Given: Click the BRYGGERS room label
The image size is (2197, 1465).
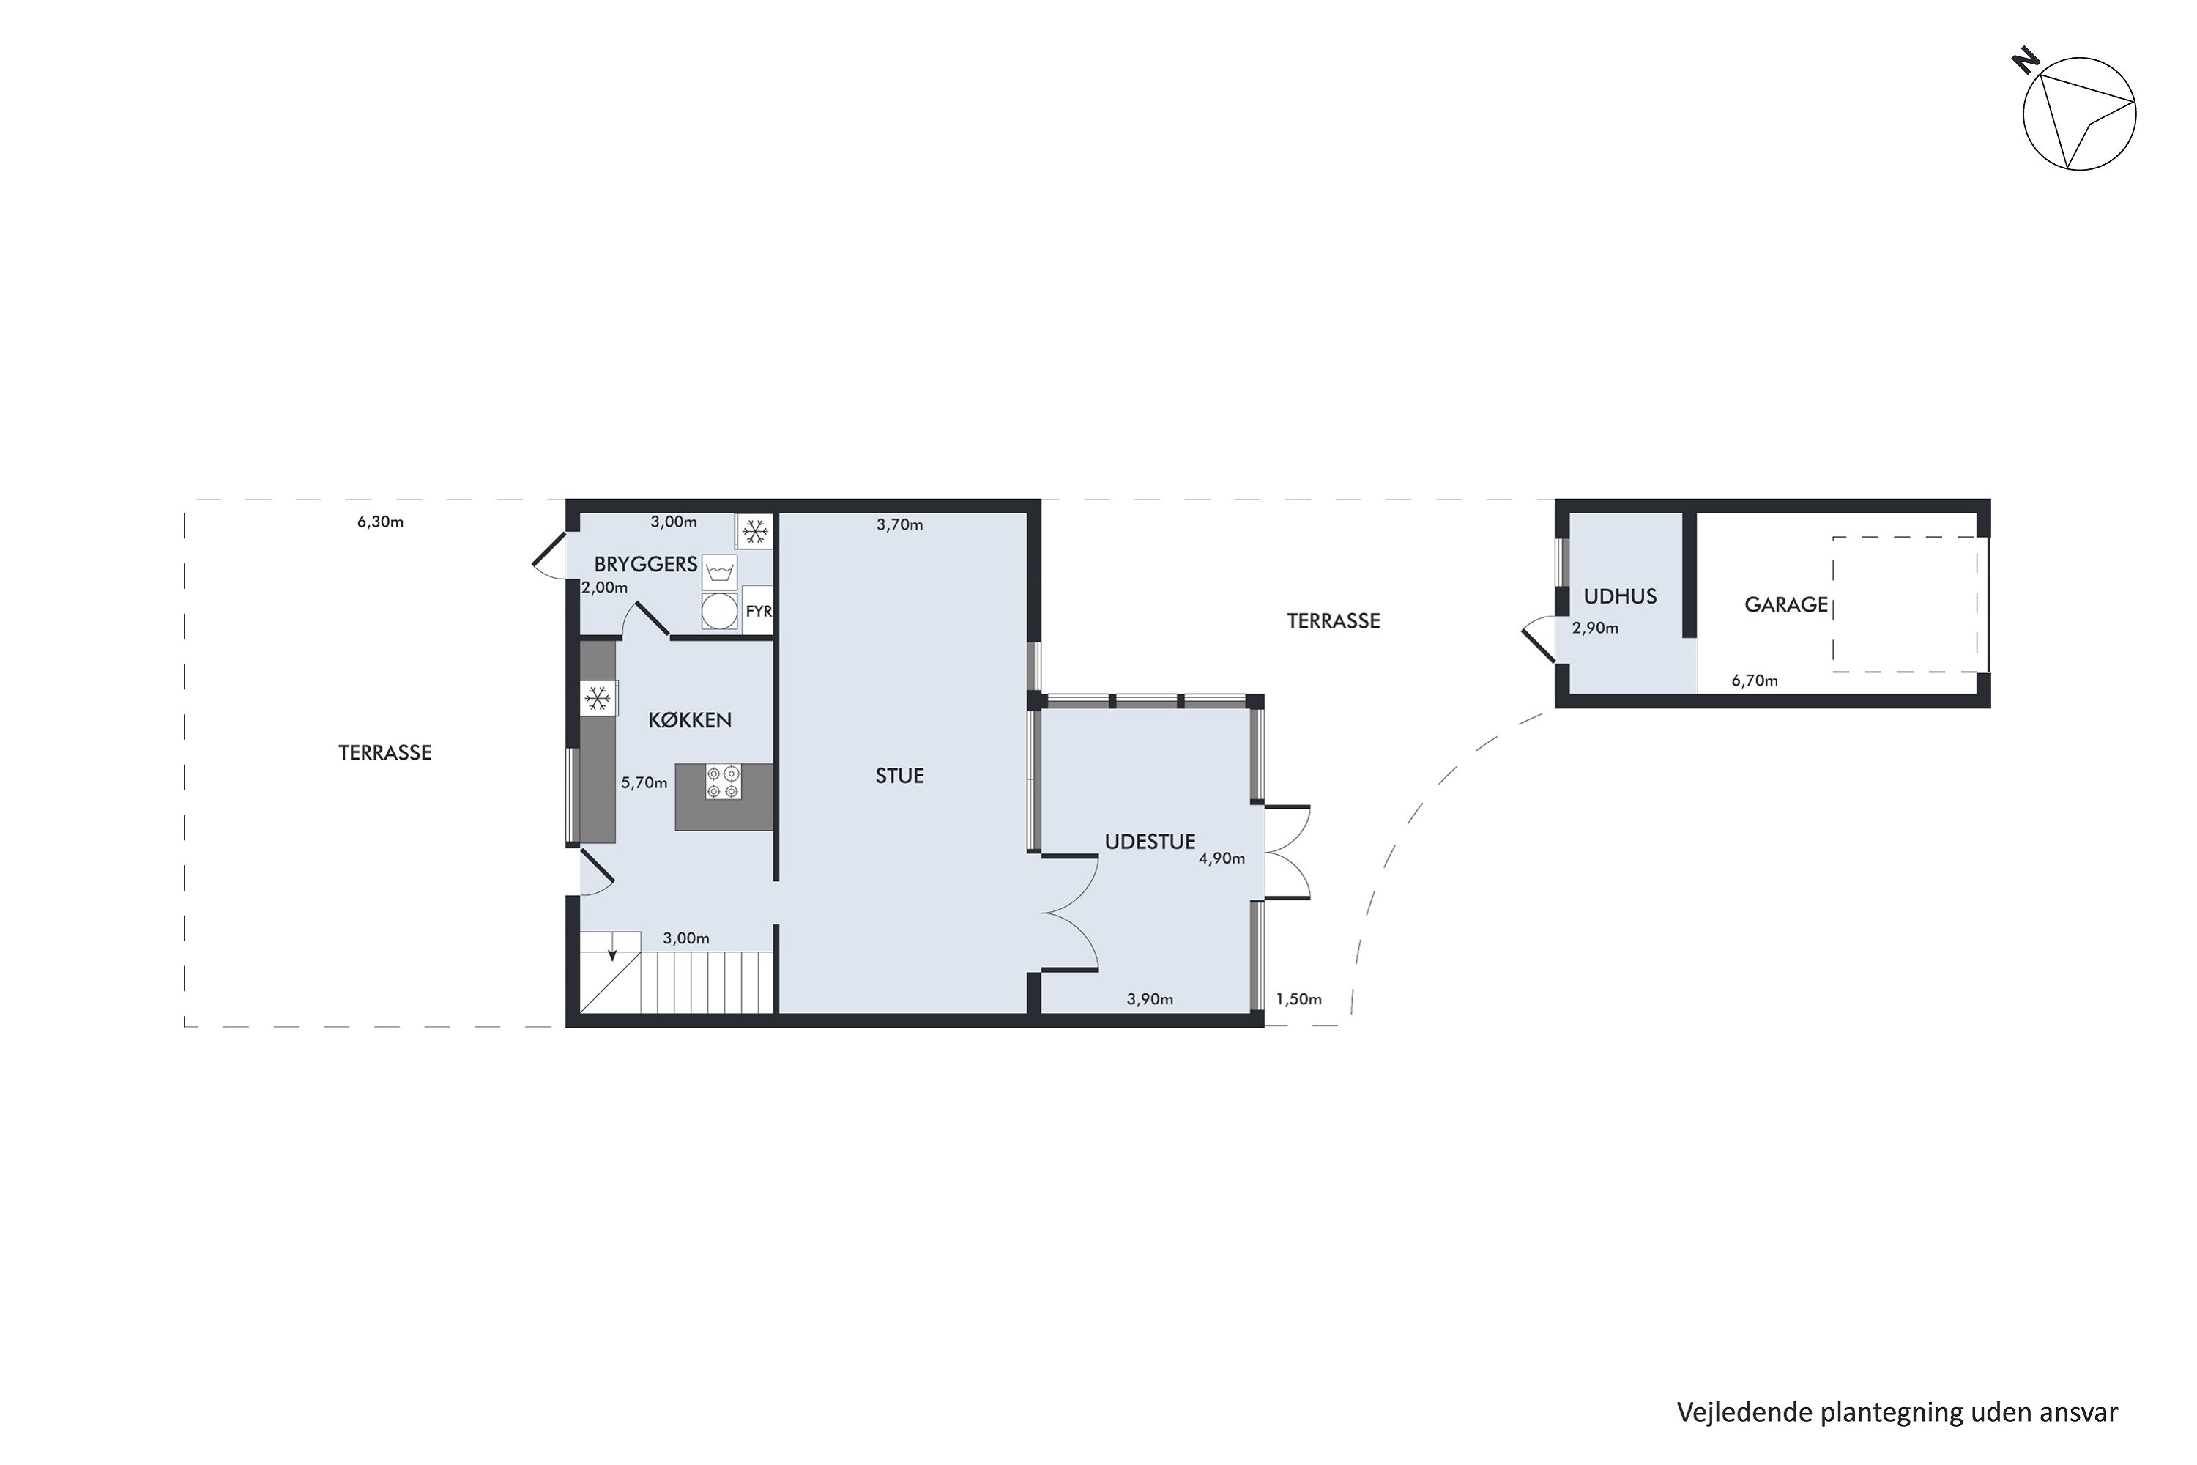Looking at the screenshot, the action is [645, 564].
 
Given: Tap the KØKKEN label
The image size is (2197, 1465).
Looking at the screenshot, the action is [689, 719].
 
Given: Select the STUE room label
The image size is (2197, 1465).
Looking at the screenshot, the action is [899, 776].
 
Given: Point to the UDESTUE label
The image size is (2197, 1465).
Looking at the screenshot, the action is [1150, 841].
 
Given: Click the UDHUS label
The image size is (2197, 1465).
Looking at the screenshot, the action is [1620, 596].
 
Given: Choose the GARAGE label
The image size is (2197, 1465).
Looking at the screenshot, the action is [1786, 604].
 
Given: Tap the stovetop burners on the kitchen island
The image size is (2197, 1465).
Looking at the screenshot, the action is [723, 782].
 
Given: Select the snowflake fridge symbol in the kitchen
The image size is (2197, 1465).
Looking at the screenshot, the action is [598, 698].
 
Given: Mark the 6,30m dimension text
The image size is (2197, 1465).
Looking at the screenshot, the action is [380, 522].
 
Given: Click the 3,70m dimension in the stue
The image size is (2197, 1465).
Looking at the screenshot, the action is [899, 525].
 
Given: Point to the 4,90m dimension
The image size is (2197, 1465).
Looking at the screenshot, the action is [1222, 858].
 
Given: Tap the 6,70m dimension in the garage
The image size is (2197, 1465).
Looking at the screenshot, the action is [1754, 680].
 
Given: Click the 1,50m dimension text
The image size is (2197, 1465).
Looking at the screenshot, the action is [1298, 999].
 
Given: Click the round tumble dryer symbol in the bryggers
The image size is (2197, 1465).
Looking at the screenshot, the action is [719, 611].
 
